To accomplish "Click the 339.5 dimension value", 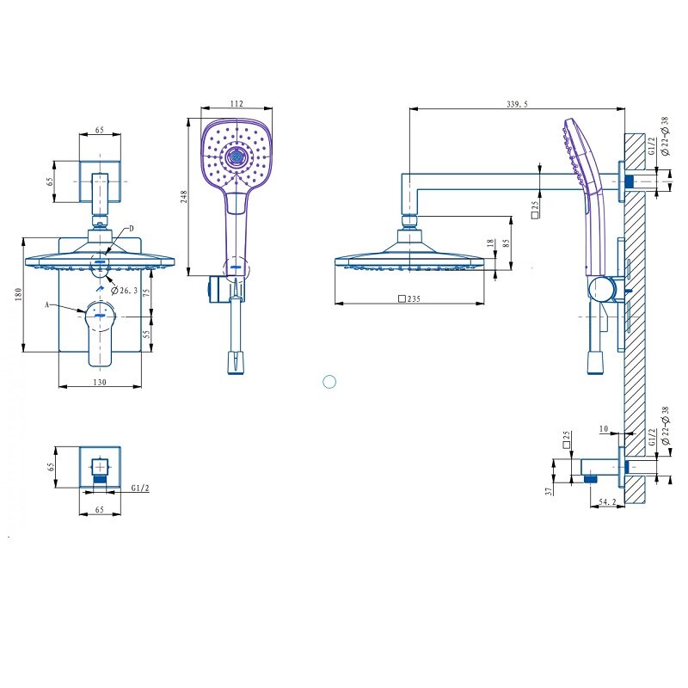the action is pos(518,104).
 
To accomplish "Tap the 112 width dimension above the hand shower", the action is pos(236,103).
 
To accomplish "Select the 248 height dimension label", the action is pos(183,196).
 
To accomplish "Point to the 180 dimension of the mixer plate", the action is pos(18,294).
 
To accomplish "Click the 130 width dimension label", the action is pos(100,382).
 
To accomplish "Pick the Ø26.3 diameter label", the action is pos(124,291).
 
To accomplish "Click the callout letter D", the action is pos(132,229).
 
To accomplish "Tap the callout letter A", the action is pos(47,304).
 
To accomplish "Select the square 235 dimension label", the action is pos(409,298).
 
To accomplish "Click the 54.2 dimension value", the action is pos(608,501).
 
